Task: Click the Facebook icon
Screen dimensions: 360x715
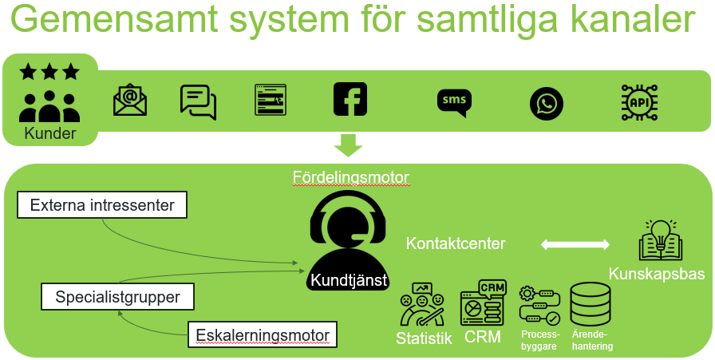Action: click(350, 99)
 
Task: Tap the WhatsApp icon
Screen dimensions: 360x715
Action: click(547, 104)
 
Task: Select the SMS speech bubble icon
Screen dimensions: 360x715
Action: click(454, 102)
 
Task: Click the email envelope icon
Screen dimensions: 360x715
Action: click(130, 100)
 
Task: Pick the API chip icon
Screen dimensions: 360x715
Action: click(639, 101)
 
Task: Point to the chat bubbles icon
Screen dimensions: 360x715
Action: click(199, 101)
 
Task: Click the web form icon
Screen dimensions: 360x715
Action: click(271, 101)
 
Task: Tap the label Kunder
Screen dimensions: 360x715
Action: click(50, 133)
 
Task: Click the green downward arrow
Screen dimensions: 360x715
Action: click(348, 144)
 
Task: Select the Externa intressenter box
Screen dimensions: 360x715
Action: click(102, 205)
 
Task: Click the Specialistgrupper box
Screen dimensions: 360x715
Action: click(117, 298)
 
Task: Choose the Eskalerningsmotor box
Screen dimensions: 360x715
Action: click(263, 334)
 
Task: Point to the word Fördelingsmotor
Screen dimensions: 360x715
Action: click(351, 176)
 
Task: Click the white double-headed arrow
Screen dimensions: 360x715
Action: click(575, 244)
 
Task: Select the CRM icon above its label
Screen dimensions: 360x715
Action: click(482, 303)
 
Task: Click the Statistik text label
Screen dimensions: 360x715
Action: click(424, 338)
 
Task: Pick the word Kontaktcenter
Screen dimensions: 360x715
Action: click(456, 243)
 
